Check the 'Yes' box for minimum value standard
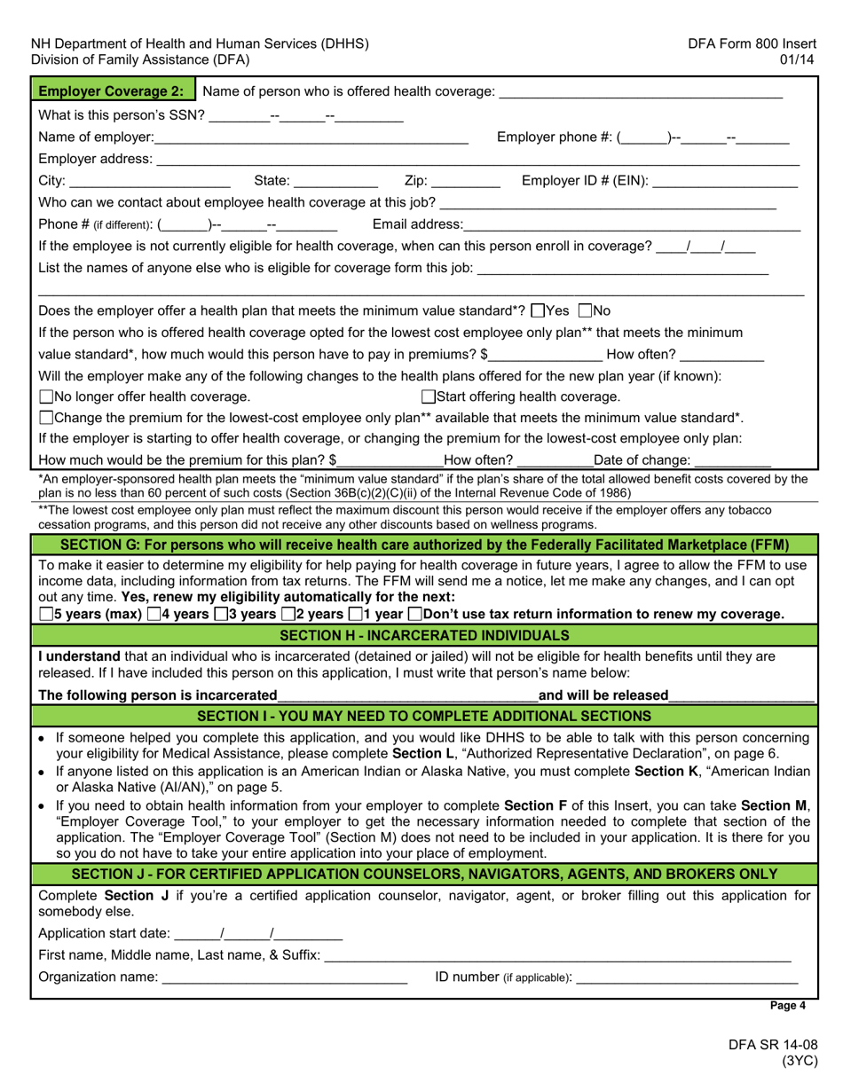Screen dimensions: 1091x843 [537, 311]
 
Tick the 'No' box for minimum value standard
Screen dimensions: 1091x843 [585, 311]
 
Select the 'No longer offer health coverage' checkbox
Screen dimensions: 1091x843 [46, 397]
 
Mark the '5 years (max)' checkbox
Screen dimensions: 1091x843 [46, 614]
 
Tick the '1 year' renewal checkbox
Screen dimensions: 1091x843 [355, 614]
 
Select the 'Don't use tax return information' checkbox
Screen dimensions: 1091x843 [415, 614]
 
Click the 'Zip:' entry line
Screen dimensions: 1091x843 [466, 182]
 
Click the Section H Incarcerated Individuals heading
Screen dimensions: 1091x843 [423, 636]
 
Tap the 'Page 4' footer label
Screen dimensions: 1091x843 [788, 1006]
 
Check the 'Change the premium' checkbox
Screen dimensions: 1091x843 [46, 418]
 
